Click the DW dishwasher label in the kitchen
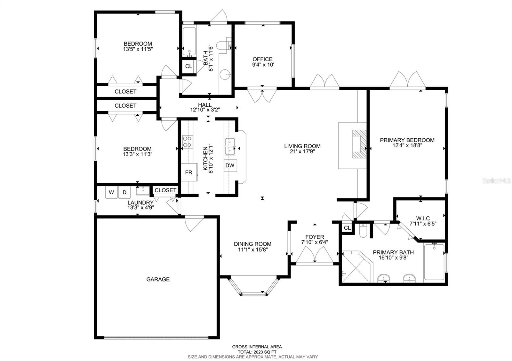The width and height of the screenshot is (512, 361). tap(230, 165)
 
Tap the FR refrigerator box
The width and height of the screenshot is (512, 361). tap(189, 173)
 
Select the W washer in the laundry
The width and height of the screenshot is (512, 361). tap(111, 192)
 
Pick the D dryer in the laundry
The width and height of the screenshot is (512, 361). tap(124, 192)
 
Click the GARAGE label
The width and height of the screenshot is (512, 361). tap(158, 279)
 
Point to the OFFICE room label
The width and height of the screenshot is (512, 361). tap(262, 59)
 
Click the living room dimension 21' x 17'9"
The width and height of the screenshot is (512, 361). tap(302, 152)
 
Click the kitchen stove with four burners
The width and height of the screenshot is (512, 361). tap(188, 142)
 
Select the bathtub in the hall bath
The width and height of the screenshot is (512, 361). tap(189, 42)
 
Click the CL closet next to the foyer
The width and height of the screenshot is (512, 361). tap(347, 228)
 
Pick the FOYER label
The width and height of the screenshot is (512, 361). tap(315, 237)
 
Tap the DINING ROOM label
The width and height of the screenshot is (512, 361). tap(252, 244)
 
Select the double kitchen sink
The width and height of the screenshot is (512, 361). tap(229, 146)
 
